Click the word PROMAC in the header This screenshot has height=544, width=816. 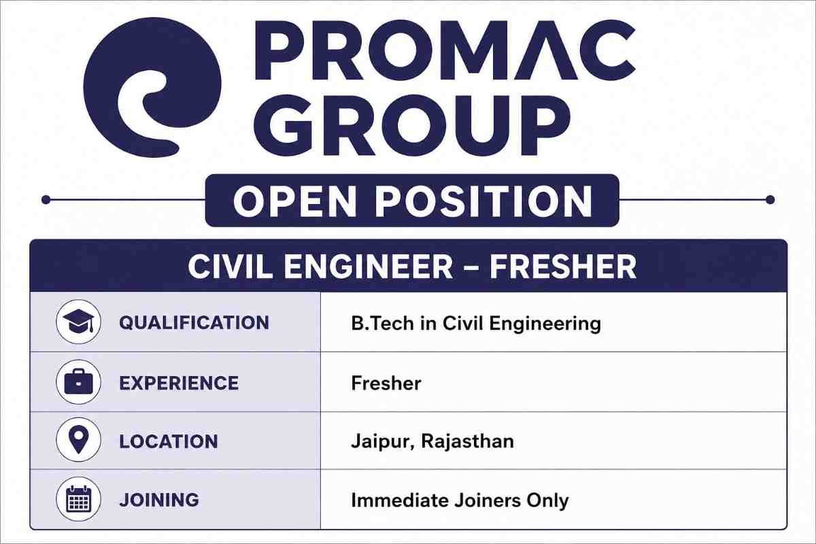[x=445, y=50]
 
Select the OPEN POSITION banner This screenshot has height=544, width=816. [x=412, y=201]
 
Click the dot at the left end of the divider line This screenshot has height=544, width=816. [x=46, y=200]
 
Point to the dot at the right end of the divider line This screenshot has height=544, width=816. [x=770, y=200]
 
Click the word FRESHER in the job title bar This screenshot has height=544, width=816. [x=563, y=267]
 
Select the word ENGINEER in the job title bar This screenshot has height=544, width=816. [x=368, y=267]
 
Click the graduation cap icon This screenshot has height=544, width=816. [x=79, y=322]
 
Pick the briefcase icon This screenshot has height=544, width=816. [x=79, y=382]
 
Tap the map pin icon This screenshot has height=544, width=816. [x=79, y=440]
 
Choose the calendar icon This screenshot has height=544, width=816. [x=79, y=499]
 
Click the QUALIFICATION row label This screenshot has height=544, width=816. [x=194, y=323]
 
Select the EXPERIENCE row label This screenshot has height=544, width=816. [x=179, y=383]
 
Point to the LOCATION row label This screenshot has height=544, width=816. [x=169, y=441]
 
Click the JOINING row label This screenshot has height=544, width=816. [x=159, y=500]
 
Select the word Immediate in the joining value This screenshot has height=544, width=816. [x=400, y=500]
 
